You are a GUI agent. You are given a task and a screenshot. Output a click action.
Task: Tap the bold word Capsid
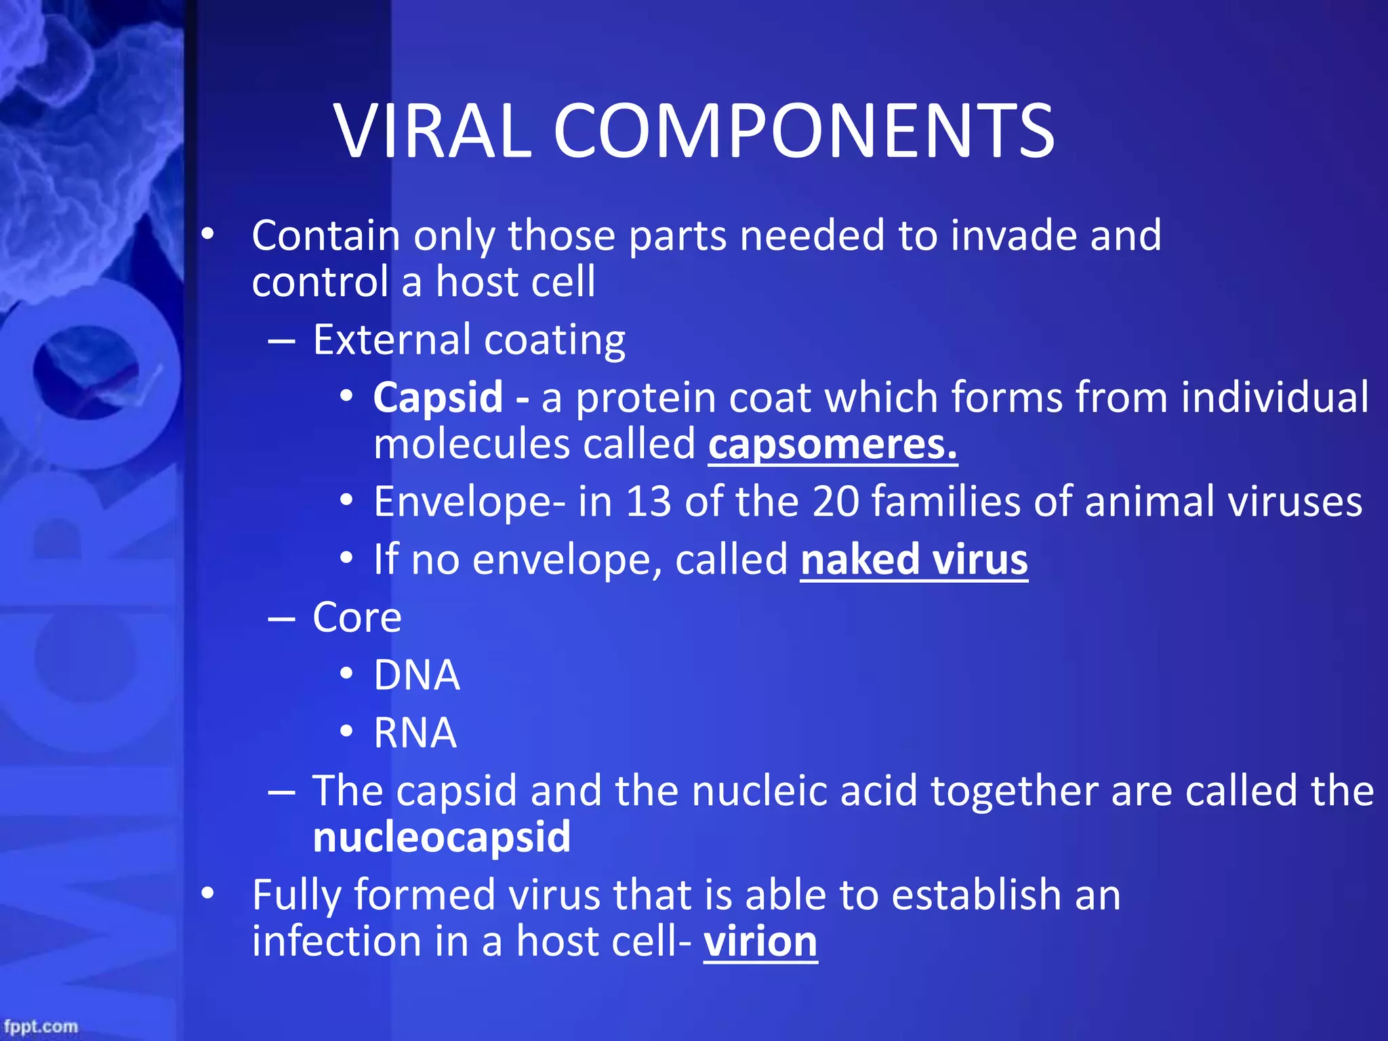tap(438, 397)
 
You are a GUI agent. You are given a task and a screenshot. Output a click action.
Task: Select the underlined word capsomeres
tap(832, 445)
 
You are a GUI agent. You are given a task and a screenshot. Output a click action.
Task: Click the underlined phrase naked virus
tap(914, 560)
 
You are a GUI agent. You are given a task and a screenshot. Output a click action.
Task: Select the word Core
tap(357, 617)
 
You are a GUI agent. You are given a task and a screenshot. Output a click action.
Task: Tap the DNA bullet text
tap(417, 675)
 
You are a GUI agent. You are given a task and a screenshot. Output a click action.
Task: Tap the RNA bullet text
tap(415, 733)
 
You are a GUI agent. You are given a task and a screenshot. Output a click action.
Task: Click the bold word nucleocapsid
tap(442, 837)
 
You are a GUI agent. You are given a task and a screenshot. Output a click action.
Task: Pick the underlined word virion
tap(760, 941)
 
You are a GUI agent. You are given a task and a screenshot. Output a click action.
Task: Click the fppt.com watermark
tap(41, 1026)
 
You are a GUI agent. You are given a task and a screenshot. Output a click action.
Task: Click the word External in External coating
tap(392, 340)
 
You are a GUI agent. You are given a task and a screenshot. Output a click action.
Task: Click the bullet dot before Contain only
tap(207, 234)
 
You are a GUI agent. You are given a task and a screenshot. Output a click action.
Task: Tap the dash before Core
tap(281, 618)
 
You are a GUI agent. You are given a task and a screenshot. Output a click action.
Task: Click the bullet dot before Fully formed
tap(207, 893)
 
